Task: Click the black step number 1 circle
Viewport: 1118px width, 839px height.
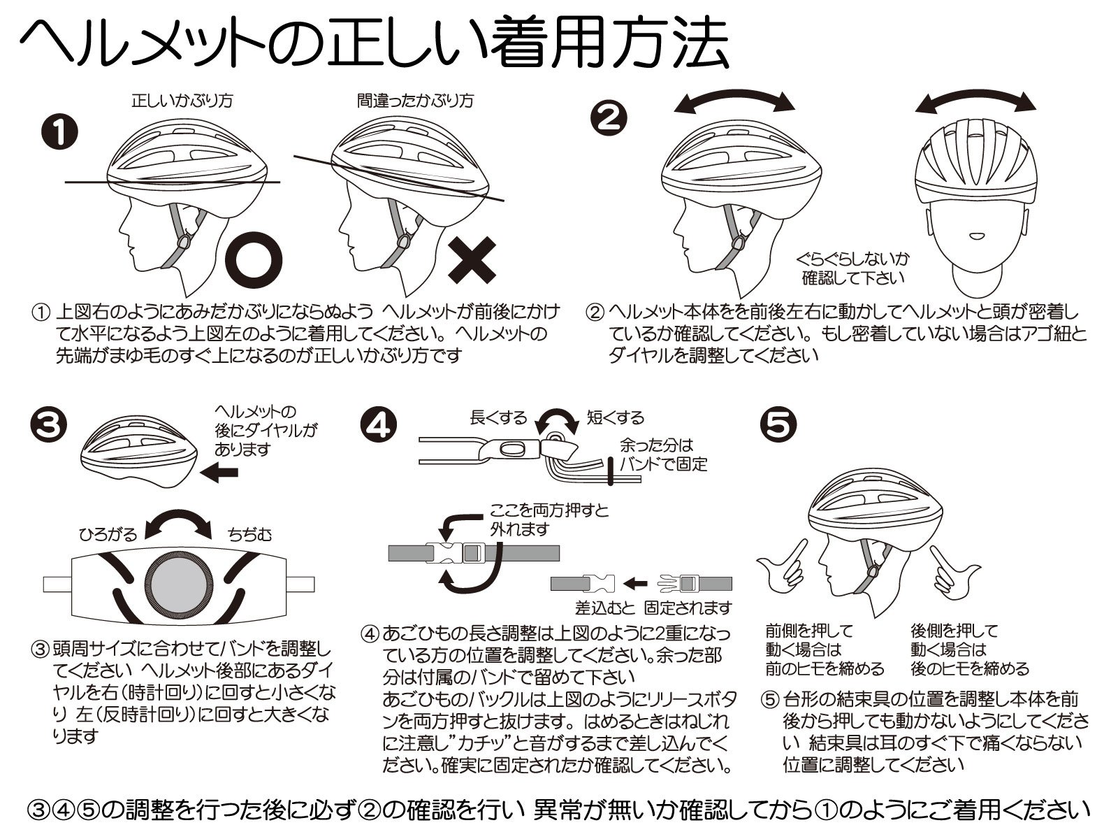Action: (60, 133)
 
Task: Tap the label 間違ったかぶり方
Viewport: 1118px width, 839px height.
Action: (415, 101)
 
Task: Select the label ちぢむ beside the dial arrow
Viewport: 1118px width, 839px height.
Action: (249, 535)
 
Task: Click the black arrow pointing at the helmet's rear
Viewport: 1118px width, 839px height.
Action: (219, 473)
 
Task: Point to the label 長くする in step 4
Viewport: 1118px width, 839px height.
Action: (498, 418)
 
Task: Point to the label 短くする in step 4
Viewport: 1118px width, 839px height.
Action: (616, 418)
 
